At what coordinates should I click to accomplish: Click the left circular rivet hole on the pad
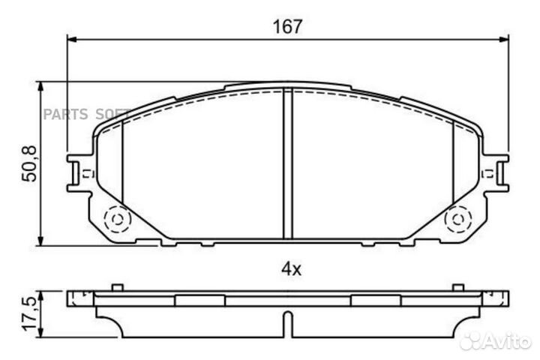click(x=116, y=220)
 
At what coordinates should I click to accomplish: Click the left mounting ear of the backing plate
click(x=78, y=173)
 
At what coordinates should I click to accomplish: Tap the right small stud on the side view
click(x=457, y=287)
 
